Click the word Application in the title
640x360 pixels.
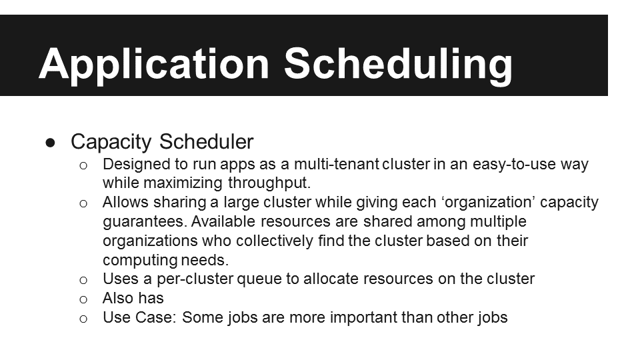click(x=154, y=65)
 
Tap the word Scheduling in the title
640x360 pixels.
click(x=398, y=65)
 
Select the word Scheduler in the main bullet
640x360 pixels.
click(x=206, y=141)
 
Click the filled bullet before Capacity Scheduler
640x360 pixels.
click(x=51, y=143)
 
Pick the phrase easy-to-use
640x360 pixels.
click(x=514, y=165)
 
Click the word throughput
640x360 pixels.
click(x=269, y=183)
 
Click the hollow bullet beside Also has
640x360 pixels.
click(x=83, y=300)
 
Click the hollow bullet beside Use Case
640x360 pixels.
click(x=83, y=319)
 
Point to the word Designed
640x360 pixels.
click(x=136, y=165)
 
